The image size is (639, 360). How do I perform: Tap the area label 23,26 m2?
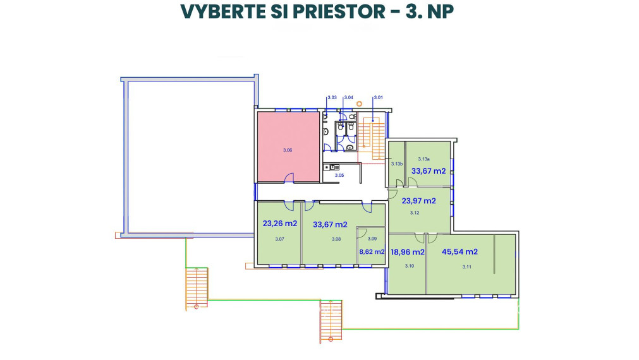coord(279,224)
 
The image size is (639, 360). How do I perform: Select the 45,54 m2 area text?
coord(459,251)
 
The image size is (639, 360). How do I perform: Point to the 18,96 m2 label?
coord(407,251)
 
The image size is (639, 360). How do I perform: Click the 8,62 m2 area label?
coord(372,251)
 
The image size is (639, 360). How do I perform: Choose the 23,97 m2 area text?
coord(419,201)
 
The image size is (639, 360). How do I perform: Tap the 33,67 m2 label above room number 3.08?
coord(330,224)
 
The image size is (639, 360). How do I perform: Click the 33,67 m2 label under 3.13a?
coord(429,171)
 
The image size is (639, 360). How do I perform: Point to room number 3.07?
coord(280,239)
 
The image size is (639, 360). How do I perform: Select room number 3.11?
coord(467,267)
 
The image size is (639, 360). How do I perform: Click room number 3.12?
coord(415,213)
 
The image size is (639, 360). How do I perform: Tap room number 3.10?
coord(409,267)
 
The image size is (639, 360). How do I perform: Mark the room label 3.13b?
coord(396,164)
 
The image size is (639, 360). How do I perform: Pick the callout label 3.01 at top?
coord(379,98)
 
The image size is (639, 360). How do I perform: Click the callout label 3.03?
coord(332,98)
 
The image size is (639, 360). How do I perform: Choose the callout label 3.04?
coord(348,98)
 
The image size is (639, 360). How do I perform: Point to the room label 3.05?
coord(339,175)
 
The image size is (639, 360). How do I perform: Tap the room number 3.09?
coord(372,239)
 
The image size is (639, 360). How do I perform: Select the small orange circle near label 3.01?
coord(359,102)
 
